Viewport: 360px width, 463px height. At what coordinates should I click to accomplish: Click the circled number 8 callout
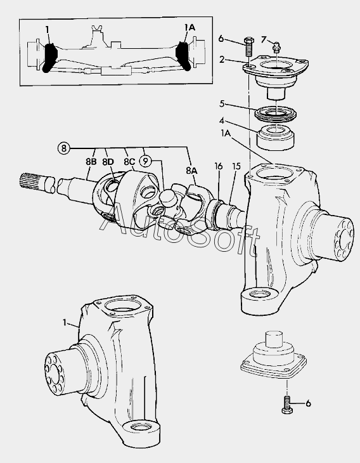pyautogui.click(x=64, y=148)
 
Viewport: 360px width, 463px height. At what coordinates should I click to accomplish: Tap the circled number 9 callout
pyautogui.click(x=145, y=161)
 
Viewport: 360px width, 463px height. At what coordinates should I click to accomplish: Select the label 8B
pyautogui.click(x=91, y=162)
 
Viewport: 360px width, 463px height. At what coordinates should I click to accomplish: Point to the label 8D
pyautogui.click(x=108, y=162)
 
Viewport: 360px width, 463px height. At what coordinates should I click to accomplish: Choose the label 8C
pyautogui.click(x=129, y=162)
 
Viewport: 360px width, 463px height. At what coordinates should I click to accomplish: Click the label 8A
pyautogui.click(x=191, y=171)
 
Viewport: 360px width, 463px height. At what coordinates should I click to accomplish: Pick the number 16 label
pyautogui.click(x=219, y=166)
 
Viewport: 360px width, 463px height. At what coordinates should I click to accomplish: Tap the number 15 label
pyautogui.click(x=236, y=166)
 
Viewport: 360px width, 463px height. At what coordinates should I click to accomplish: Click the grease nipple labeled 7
pyautogui.click(x=276, y=48)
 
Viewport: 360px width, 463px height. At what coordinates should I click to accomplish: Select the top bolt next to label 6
pyautogui.click(x=248, y=46)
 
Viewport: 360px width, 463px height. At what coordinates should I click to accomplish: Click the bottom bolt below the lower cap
pyautogui.click(x=287, y=405)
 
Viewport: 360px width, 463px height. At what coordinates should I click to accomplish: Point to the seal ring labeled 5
pyautogui.click(x=276, y=114)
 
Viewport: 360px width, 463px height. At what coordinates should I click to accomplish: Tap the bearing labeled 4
pyautogui.click(x=276, y=137)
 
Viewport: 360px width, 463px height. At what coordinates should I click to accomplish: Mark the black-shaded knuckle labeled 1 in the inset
pyautogui.click(x=51, y=57)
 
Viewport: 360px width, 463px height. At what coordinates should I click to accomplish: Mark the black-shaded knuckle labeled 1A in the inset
pyautogui.click(x=184, y=56)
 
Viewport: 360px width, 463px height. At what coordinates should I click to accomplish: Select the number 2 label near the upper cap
pyautogui.click(x=222, y=60)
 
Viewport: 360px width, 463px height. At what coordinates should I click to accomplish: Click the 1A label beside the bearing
pyautogui.click(x=226, y=133)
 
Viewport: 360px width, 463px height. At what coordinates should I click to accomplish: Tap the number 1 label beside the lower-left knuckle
pyautogui.click(x=65, y=322)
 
